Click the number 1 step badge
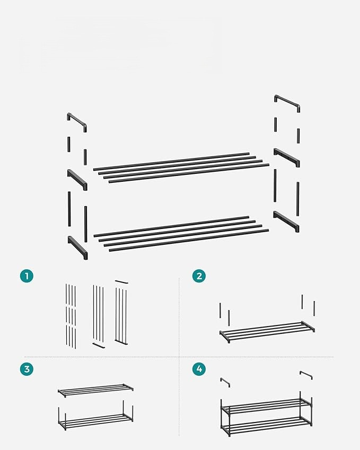(27, 276)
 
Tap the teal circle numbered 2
(199, 276)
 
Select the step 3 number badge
(27, 369)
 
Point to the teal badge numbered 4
(199, 369)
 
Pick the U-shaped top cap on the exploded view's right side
(287, 102)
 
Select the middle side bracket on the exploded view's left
(77, 180)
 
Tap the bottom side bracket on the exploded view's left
(78, 247)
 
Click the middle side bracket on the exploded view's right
(286, 157)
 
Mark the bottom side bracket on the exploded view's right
(286, 221)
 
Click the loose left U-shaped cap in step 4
(225, 382)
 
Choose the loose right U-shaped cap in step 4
(306, 374)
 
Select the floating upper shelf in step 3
(95, 390)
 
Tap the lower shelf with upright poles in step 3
(95, 416)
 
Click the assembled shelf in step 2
(267, 332)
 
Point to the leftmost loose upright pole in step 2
(220, 310)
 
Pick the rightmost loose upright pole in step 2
(314, 309)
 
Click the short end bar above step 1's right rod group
(121, 282)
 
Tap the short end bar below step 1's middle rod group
(99, 345)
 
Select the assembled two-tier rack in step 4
(266, 414)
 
